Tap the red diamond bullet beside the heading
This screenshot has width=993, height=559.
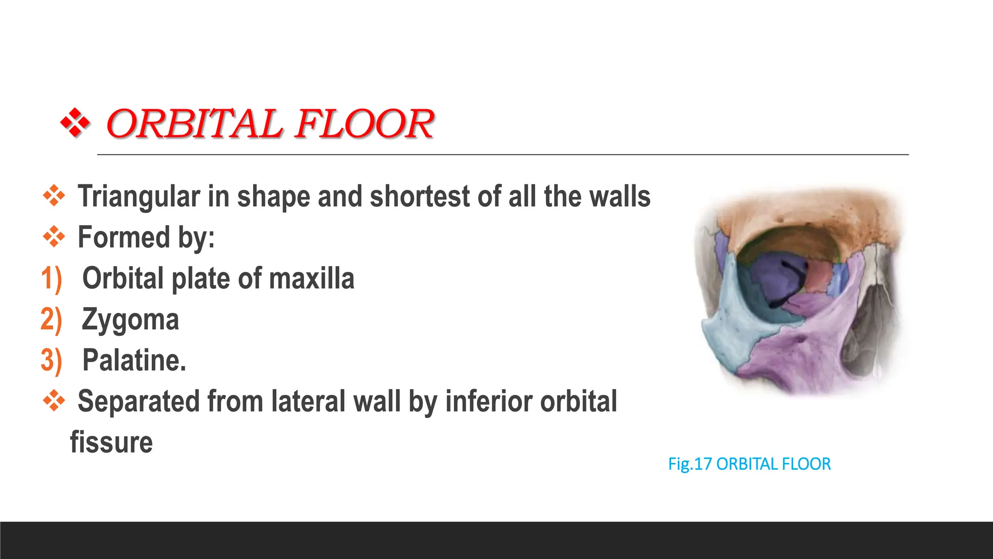click(75, 123)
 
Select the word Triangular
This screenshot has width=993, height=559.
click(139, 197)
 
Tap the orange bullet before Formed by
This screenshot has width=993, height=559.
click(54, 237)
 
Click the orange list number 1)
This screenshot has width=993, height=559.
click(51, 279)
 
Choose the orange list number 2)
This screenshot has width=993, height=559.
click(51, 320)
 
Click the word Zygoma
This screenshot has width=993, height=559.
click(130, 320)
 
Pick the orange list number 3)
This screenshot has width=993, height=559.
click(51, 361)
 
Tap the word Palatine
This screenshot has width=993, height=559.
click(134, 361)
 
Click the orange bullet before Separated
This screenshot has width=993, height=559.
click(54, 401)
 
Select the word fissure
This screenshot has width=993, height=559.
click(112, 443)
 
